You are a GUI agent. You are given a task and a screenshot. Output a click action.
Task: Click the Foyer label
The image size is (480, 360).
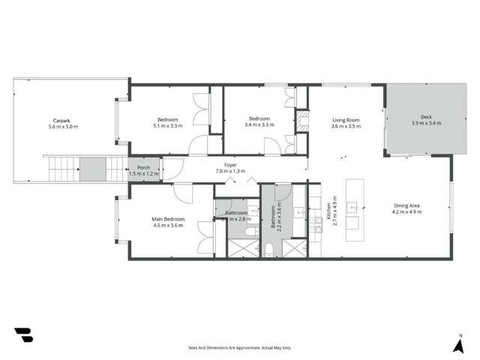(231, 164)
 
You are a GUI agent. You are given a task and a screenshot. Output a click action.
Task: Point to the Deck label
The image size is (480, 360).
(426, 117)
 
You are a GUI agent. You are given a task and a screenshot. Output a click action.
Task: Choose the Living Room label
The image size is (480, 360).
(346, 119)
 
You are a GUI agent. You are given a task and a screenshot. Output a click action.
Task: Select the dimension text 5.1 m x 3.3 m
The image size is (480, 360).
(167, 126)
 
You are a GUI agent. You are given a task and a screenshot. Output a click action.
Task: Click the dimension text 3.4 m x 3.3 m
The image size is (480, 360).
(259, 126)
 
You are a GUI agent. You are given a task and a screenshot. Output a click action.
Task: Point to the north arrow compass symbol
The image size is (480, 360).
(457, 344)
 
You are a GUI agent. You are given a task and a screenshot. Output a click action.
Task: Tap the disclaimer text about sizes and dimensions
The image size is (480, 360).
(240, 347)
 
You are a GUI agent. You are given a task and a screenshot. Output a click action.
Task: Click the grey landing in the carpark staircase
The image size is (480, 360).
(94, 169)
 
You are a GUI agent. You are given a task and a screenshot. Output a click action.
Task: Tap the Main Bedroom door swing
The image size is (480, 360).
(183, 192)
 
